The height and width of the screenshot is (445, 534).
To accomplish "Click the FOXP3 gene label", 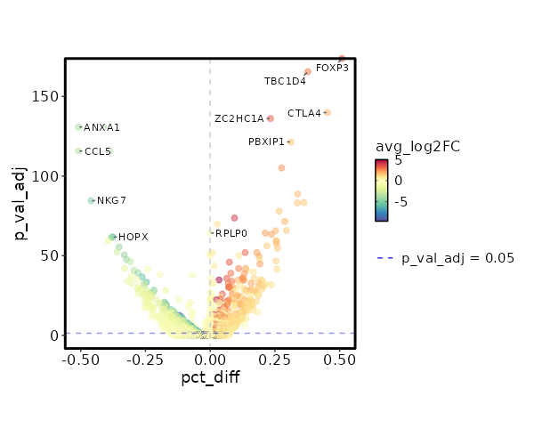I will coord(332,68).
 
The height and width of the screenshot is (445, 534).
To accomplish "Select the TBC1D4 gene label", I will coord(285,81).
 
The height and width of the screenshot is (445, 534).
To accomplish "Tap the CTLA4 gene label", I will coord(304,113).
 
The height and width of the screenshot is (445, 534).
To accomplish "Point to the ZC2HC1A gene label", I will coord(239,118).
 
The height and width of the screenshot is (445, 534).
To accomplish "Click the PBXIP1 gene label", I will coord(266,142).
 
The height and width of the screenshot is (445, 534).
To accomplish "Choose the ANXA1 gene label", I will coord(101,128).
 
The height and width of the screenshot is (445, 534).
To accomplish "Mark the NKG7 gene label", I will coord(111,200).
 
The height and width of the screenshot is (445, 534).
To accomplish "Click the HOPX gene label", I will coord(133,237).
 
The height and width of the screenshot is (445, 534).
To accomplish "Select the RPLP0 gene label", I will coord(231,234).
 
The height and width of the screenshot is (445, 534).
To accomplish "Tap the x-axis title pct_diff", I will coord(209,379).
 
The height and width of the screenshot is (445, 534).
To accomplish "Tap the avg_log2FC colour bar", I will coord(382,190).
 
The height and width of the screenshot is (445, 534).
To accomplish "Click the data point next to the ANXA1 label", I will coord(78,127).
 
